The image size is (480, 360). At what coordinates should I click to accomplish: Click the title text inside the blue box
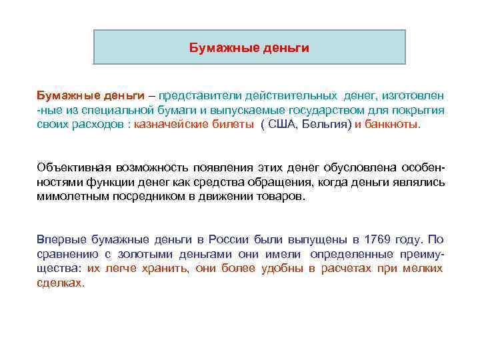coord(249,48)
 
